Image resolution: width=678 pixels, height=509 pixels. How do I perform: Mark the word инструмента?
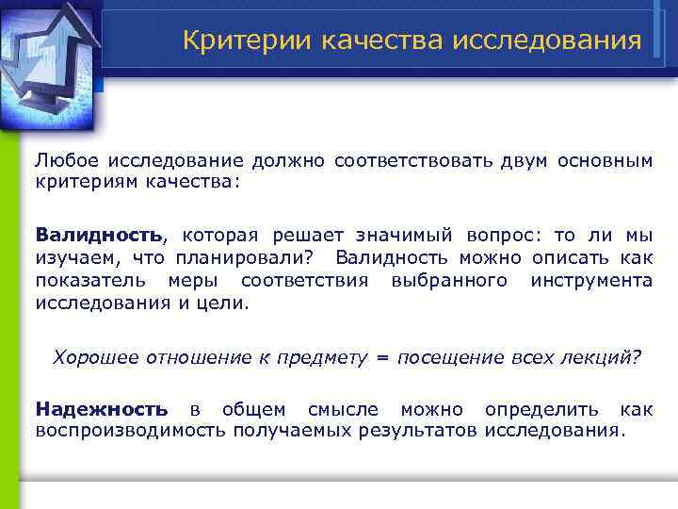(591, 280)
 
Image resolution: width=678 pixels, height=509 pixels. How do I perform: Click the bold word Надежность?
(102, 409)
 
